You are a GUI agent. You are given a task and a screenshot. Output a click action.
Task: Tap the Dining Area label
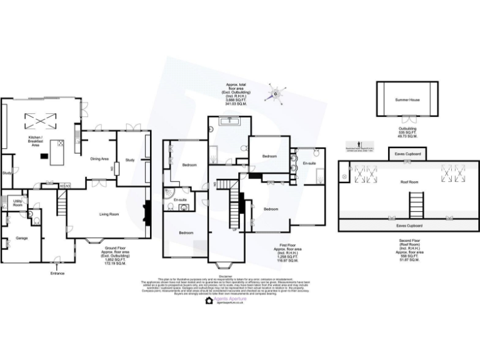(x=100, y=159)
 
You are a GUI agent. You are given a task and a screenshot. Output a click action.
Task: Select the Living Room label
(x=109, y=214)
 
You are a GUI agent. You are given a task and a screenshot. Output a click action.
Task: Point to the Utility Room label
(x=17, y=203)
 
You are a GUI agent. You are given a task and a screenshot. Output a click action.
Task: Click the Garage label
(x=22, y=238)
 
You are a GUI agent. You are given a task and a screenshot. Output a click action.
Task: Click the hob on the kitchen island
(x=61, y=143)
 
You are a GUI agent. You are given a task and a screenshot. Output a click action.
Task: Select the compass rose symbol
(x=275, y=95)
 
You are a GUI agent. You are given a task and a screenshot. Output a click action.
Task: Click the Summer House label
(x=406, y=99)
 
